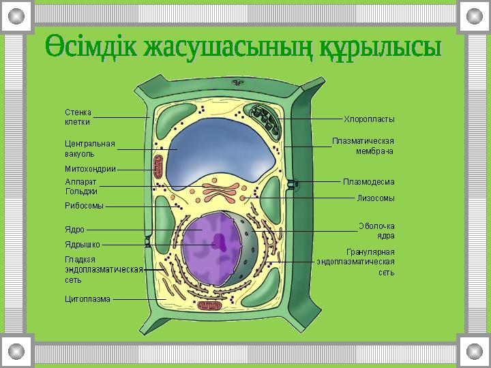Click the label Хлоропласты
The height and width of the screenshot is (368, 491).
[369, 119]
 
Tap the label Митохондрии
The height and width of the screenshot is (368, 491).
[91, 169]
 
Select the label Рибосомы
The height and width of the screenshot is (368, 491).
[85, 206]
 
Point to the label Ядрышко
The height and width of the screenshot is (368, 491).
[83, 245]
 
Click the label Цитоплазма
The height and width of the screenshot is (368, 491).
[88, 299]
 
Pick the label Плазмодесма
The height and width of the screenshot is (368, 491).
[368, 182]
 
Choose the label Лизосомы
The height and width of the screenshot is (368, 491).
[376, 198]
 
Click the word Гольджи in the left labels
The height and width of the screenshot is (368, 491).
[81, 191]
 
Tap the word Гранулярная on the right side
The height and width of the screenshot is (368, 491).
[370, 252]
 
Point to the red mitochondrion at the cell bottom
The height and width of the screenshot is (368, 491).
[209, 306]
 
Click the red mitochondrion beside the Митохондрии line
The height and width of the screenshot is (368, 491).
[158, 166]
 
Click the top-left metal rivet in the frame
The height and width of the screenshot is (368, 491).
[16, 16]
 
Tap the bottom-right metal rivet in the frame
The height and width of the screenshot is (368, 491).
[475, 352]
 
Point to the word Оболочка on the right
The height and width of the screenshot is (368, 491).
[376, 226]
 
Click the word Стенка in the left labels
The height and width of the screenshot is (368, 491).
[78, 112]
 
